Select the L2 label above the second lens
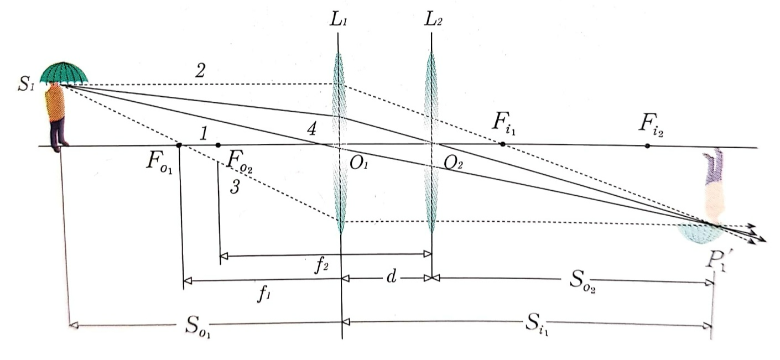point(433,21)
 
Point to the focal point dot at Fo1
point(179,145)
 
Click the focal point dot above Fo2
point(219,145)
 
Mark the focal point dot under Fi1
point(502,144)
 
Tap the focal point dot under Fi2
point(647,145)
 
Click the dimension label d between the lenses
point(391,277)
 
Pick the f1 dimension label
point(264,294)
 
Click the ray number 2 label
point(201,70)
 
